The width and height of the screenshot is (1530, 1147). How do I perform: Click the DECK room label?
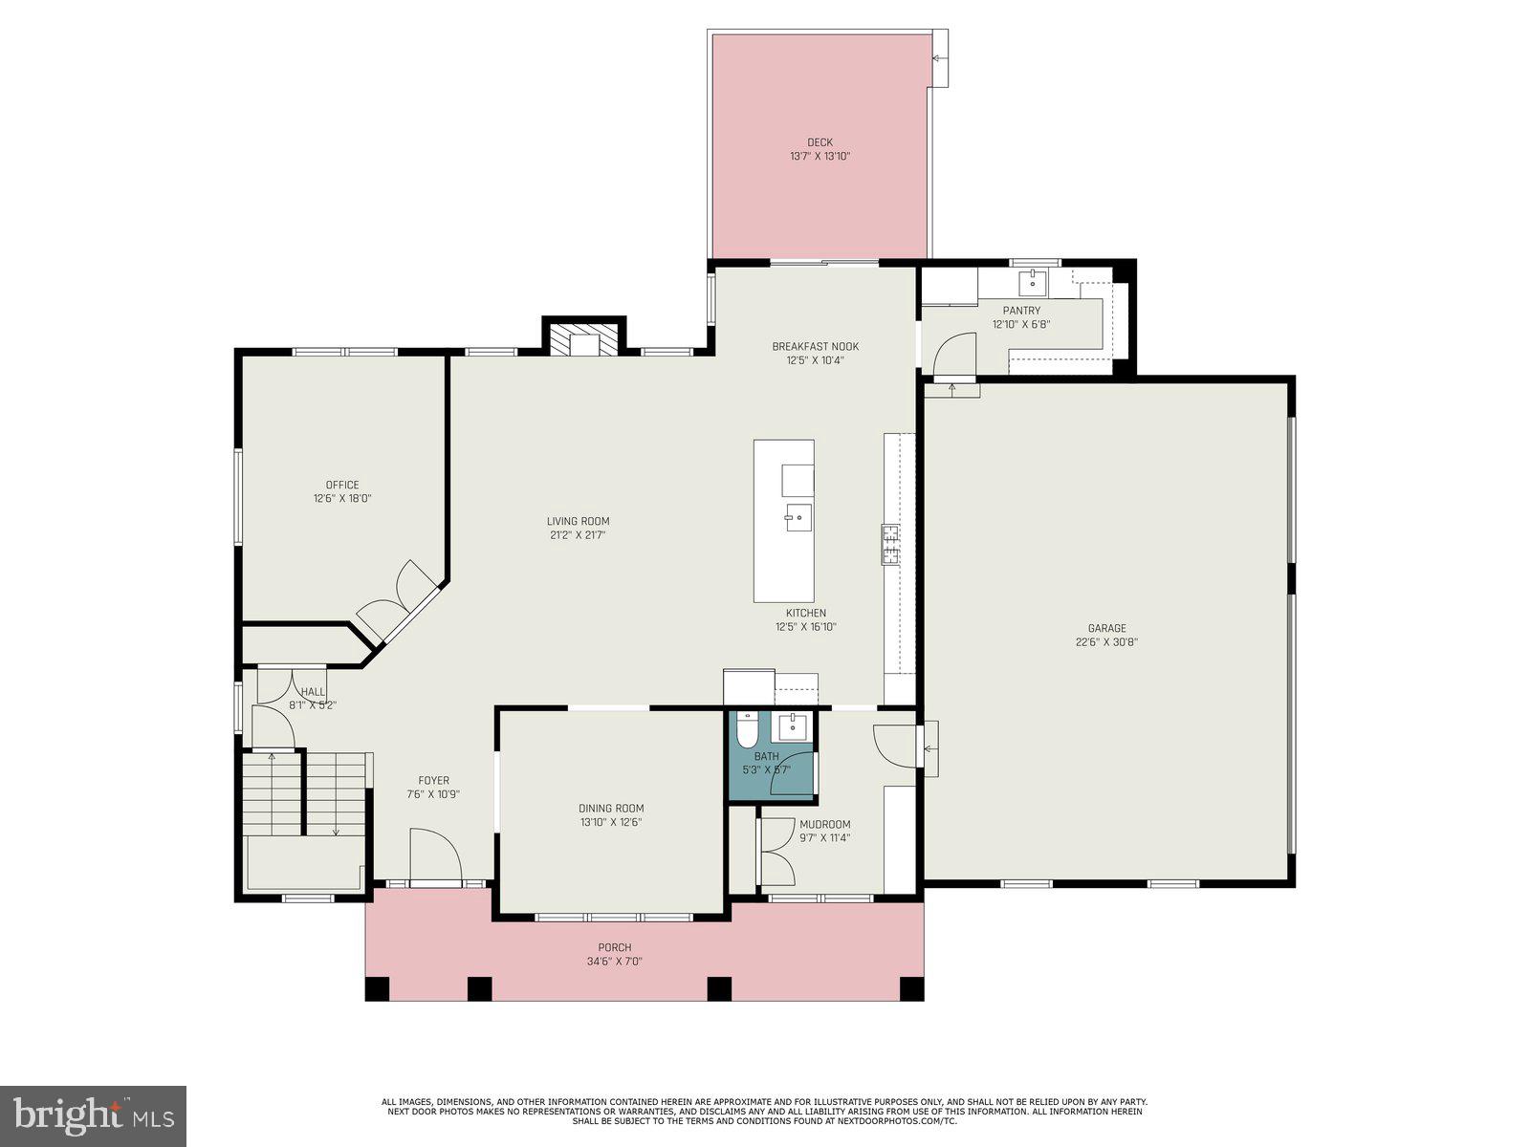click(x=820, y=142)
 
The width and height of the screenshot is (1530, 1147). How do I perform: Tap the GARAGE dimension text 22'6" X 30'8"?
click(x=1106, y=642)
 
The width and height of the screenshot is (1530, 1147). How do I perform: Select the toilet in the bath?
click(x=748, y=731)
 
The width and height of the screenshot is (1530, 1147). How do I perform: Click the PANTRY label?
click(x=1021, y=311)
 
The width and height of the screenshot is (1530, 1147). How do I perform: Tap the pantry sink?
click(x=1033, y=282)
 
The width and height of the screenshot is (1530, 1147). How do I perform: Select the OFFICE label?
click(x=341, y=485)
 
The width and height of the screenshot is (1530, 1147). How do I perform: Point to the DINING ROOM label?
click(x=611, y=808)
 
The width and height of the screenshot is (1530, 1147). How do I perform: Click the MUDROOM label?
click(x=824, y=824)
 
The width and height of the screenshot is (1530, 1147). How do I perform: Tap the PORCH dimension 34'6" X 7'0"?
click(x=615, y=962)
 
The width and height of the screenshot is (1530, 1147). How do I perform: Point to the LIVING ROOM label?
click(x=578, y=521)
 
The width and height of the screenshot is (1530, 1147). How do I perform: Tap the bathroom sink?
click(x=794, y=727)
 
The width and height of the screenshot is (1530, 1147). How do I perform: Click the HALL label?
click(x=313, y=691)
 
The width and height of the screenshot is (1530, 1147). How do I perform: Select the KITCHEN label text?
click(x=805, y=613)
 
